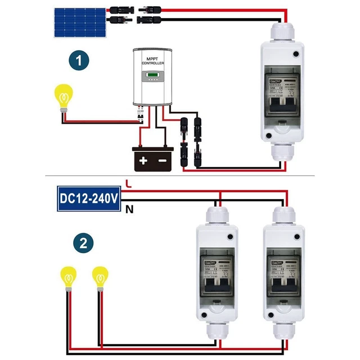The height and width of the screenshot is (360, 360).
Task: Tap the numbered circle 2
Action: [83, 244]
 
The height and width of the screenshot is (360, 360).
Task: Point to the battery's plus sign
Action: [143, 161]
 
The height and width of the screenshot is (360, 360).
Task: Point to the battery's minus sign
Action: [163, 161]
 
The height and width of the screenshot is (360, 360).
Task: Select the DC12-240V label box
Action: [89, 199]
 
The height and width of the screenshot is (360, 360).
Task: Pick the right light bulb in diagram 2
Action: [100, 277]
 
